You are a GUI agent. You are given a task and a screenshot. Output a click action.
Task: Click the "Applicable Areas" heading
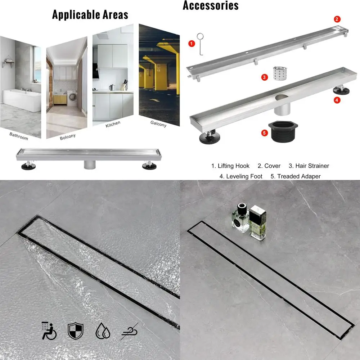tap(90, 15)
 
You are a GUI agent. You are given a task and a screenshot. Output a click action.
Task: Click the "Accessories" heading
tap(211, 5)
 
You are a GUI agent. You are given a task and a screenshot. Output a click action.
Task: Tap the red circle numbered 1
tap(192, 44)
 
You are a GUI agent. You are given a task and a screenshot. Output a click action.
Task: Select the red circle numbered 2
tap(337, 19)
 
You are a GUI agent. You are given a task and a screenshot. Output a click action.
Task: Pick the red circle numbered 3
tap(265, 77)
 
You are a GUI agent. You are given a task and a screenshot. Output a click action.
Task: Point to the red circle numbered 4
tap(337, 100)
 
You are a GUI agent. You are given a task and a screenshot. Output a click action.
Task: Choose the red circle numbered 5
tap(265, 133)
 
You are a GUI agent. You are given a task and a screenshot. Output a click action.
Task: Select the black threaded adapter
tap(284, 131)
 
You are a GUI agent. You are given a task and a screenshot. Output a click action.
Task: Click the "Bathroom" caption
tap(19, 136)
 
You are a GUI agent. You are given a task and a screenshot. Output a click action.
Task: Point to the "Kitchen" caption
tap(113, 125)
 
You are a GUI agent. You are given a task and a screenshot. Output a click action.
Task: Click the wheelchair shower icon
tap(49, 330)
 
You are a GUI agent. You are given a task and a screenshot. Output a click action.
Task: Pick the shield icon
tap(76, 330)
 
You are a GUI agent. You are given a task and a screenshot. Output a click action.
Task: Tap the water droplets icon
tap(103, 330)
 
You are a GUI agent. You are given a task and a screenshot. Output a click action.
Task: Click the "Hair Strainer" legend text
tap(309, 166)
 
